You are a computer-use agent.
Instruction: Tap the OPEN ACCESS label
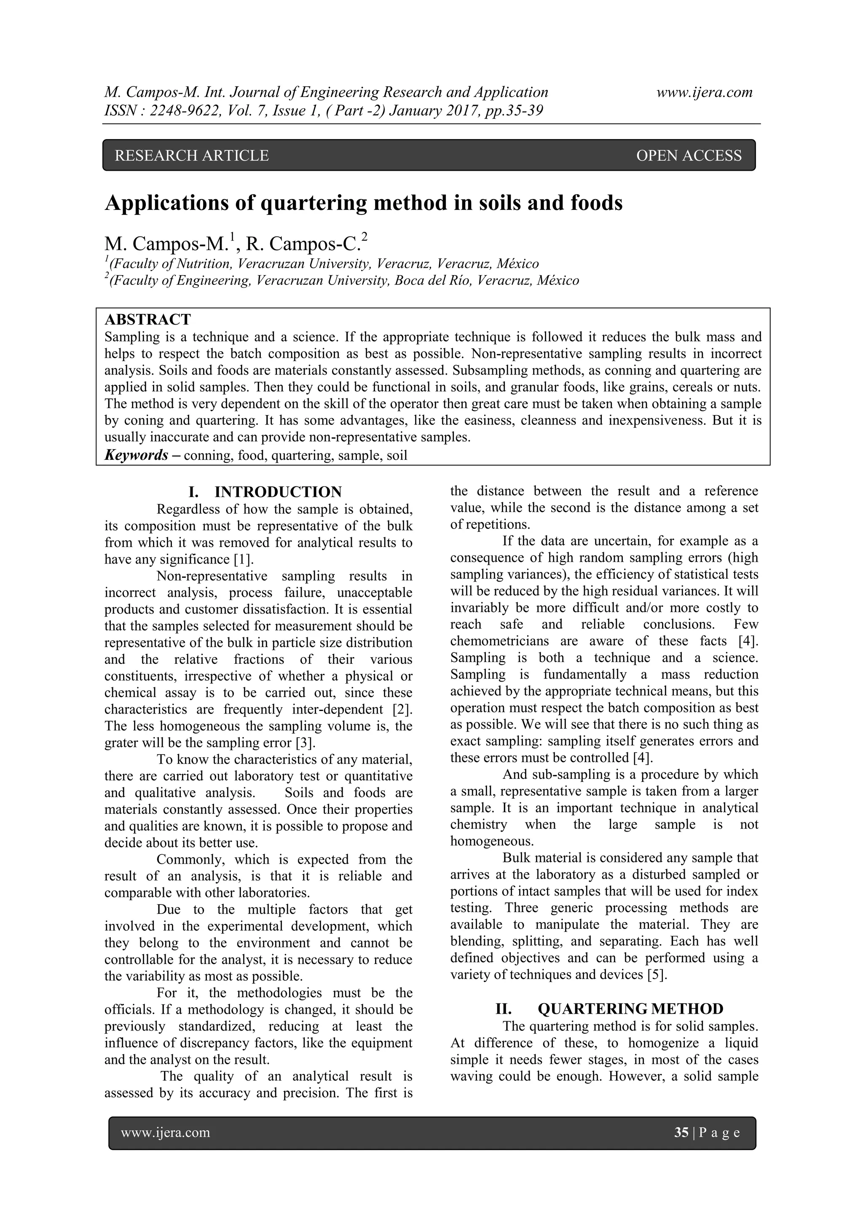coord(688,155)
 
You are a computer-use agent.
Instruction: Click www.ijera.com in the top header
coord(704,93)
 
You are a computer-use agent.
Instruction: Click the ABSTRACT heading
coord(147,319)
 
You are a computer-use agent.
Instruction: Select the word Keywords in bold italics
coord(136,455)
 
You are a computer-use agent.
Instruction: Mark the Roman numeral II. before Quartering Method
coord(503,1009)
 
